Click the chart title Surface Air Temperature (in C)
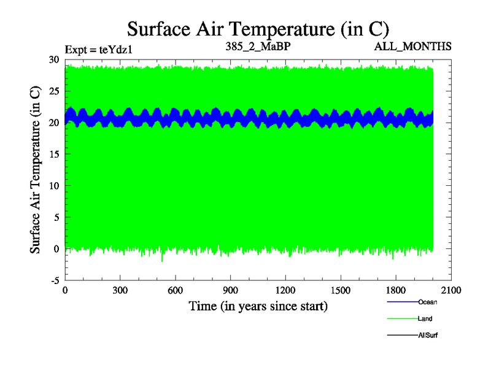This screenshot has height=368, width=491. [258, 29]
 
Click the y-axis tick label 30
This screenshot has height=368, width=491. [55, 59]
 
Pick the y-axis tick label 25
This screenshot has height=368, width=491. [55, 91]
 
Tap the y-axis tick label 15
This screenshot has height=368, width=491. [55, 155]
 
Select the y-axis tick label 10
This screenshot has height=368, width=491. [55, 186]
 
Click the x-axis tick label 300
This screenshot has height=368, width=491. [120, 291]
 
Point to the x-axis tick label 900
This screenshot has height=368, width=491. [231, 291]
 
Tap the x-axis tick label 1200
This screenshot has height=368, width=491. [285, 291]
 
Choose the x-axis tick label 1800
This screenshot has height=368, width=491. [396, 291]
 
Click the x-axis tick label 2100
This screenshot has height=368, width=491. [451, 291]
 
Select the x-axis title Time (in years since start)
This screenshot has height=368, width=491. [258, 305]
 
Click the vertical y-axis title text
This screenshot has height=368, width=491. [36, 169]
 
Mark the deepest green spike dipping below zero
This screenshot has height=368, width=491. [163, 260]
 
